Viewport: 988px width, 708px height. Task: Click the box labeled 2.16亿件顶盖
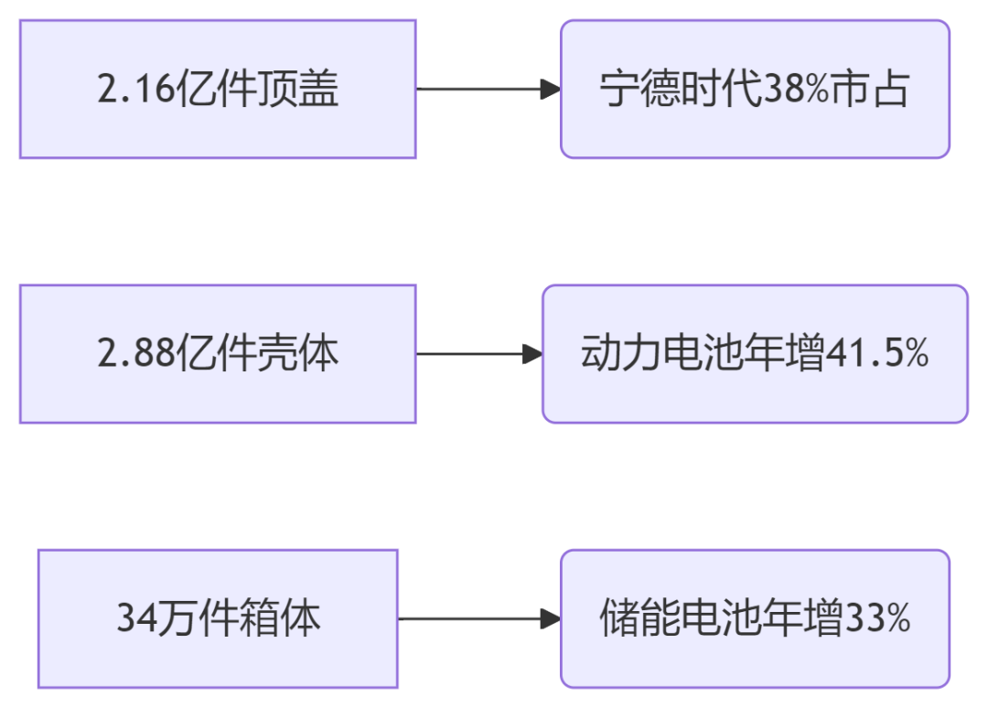pyautogui.click(x=218, y=89)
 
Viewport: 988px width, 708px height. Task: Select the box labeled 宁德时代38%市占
pyautogui.click(x=755, y=89)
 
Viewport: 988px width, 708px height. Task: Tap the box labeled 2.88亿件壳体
pyautogui.click(x=218, y=354)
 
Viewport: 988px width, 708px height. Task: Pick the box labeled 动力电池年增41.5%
pyautogui.click(x=755, y=354)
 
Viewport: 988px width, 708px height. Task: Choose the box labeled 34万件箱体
pyautogui.click(x=218, y=618)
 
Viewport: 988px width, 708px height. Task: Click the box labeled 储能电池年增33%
pyautogui.click(x=755, y=618)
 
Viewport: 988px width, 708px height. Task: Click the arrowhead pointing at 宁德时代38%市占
pyautogui.click(x=551, y=89)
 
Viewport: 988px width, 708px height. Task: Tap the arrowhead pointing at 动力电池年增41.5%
pyautogui.click(x=532, y=354)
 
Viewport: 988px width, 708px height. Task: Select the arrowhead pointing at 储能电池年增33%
pyautogui.click(x=551, y=618)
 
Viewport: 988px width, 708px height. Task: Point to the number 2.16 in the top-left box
pyautogui.click(x=135, y=89)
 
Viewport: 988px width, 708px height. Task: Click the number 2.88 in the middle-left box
pyautogui.click(x=135, y=353)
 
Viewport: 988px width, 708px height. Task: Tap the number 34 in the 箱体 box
pyautogui.click(x=135, y=618)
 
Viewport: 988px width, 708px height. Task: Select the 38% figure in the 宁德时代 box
pyautogui.click(x=796, y=89)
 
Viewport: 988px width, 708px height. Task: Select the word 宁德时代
pyautogui.click(x=682, y=89)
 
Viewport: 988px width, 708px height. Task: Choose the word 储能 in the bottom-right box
pyautogui.click(x=640, y=618)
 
